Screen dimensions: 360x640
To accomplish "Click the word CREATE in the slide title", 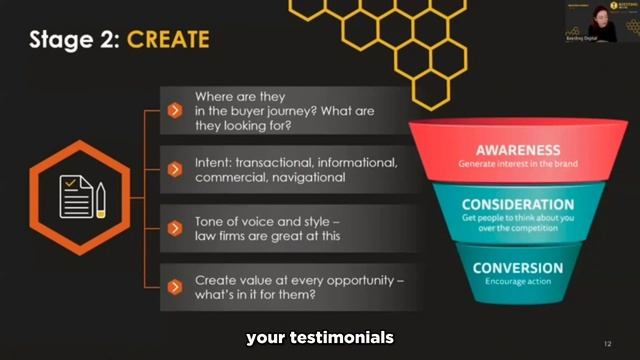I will click(x=168, y=40).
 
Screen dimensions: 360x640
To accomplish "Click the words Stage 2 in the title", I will click(x=73, y=40).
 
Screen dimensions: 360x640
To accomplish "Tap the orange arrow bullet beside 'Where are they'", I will click(x=174, y=110).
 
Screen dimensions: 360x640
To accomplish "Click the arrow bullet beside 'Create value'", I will click(x=174, y=287).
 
